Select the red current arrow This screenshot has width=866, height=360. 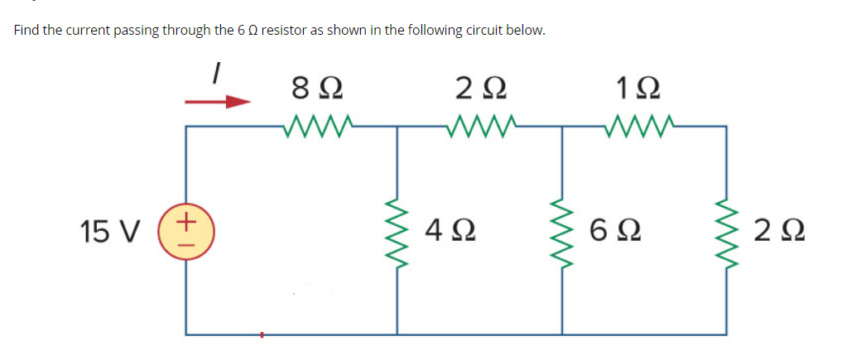tap(218, 103)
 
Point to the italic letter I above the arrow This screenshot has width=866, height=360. tap(216, 74)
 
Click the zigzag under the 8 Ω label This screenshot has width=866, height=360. tap(319, 127)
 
